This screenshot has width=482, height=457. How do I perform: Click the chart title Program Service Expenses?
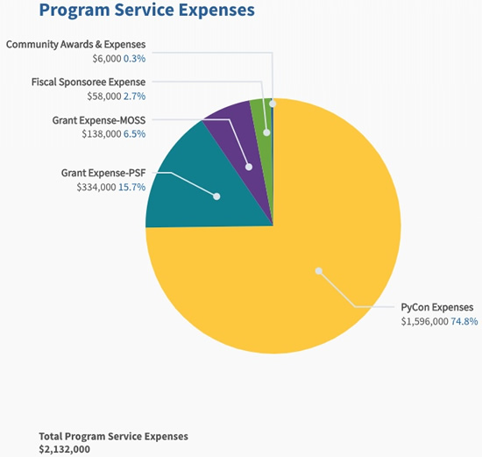(147, 11)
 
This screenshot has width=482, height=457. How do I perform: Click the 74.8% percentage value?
(464, 321)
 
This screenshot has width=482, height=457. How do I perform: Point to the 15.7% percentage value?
(131, 187)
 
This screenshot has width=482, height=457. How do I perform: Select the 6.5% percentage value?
(134, 134)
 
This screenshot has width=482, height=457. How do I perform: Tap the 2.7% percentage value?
(134, 96)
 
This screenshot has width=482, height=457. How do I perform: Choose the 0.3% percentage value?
(134, 59)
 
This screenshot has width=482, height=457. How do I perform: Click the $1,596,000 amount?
(424, 322)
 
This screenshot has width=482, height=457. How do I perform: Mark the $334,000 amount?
(96, 187)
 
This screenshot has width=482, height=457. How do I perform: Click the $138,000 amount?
(102, 134)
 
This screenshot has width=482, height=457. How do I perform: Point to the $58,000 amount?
(104, 96)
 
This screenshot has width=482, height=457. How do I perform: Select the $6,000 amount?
(107, 59)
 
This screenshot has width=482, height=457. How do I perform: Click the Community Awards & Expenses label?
(75, 45)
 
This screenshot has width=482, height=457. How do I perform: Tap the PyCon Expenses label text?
(437, 307)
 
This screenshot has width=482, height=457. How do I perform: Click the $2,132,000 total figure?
(65, 449)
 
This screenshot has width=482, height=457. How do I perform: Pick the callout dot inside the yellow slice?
(319, 271)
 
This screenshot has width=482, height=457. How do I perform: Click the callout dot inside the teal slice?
(216, 196)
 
